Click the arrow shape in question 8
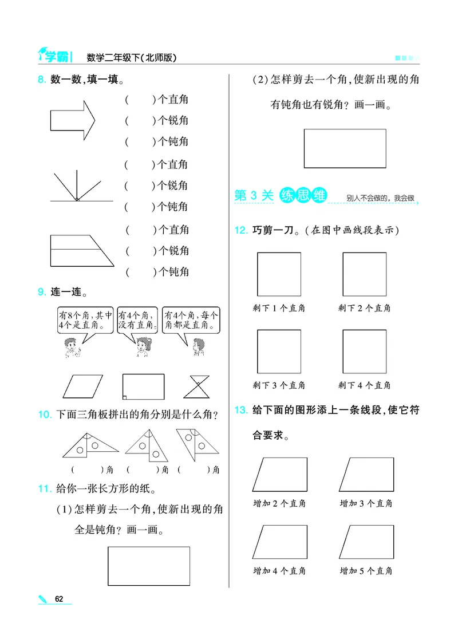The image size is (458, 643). (x=72, y=121)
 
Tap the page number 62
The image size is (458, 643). (x=59, y=599)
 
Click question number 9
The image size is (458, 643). (x=42, y=292)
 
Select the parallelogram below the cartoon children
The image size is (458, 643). (x=83, y=386)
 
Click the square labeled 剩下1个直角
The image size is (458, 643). (x=279, y=274)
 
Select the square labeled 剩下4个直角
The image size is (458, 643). (x=364, y=351)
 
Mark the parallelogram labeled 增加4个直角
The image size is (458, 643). (x=279, y=542)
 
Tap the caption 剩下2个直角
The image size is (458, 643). (x=364, y=309)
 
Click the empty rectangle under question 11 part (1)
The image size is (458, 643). (x=149, y=566)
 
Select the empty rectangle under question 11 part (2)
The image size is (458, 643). (x=345, y=148)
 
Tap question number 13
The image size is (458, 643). (x=240, y=410)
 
